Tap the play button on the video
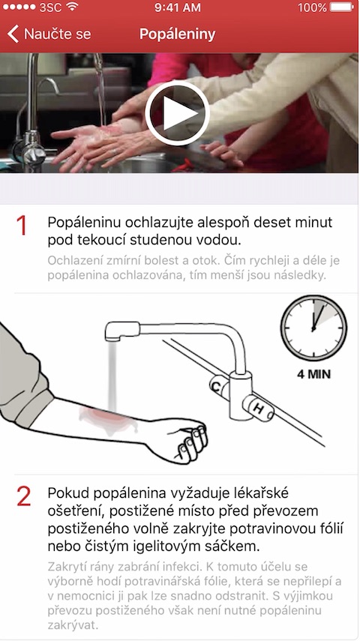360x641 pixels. (x=177, y=113)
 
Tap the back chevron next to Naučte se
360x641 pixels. (x=12, y=34)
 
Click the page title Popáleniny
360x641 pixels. (x=177, y=34)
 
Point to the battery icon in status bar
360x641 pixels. (x=341, y=8)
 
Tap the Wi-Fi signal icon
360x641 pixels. (x=72, y=8)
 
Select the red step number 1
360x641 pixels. (x=22, y=226)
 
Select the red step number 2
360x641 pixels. (x=23, y=496)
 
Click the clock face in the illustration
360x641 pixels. (x=314, y=327)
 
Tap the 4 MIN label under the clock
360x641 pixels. (x=314, y=373)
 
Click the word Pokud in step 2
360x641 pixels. (x=65, y=493)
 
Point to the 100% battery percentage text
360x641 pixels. (x=312, y=8)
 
